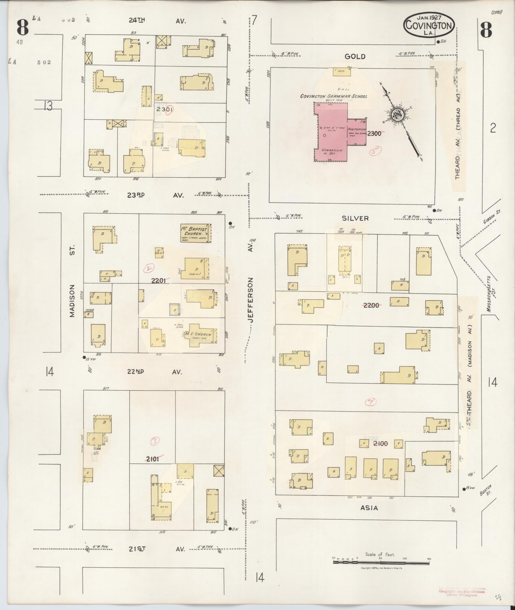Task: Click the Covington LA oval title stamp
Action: click(x=429, y=25)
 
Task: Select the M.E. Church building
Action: click(x=200, y=335)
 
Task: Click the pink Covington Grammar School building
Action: click(x=332, y=134)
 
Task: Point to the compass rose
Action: click(x=398, y=114)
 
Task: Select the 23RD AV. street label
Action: click(x=155, y=195)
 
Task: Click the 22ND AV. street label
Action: click(x=155, y=372)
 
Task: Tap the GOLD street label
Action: click(x=355, y=56)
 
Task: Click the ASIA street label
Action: click(x=369, y=508)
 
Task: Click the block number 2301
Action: click(x=164, y=109)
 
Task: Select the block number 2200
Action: click(x=371, y=305)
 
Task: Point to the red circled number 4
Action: click(x=370, y=402)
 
